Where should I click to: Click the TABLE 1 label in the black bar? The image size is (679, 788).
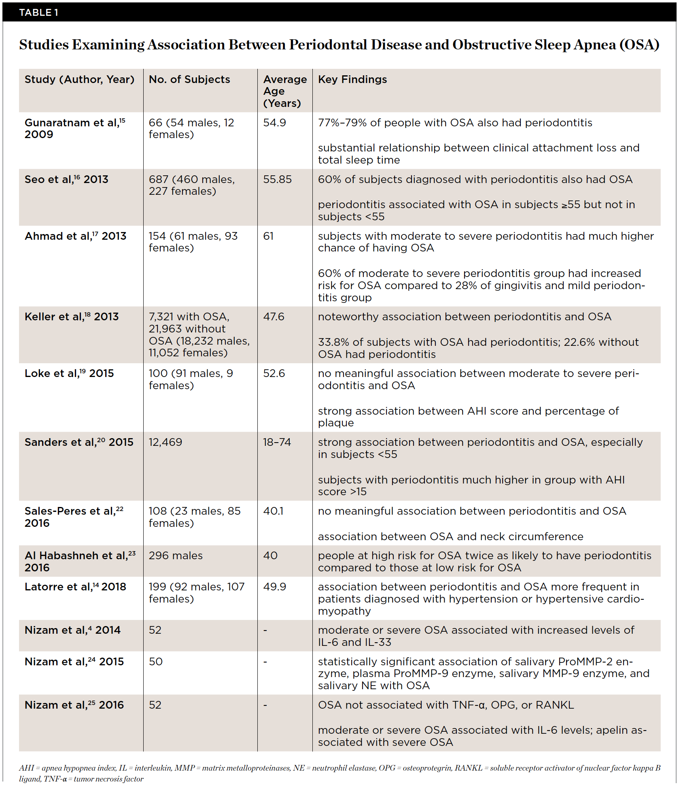tap(39, 13)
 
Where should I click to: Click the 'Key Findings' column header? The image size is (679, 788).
tap(352, 79)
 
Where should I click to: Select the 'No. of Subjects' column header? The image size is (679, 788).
tap(189, 79)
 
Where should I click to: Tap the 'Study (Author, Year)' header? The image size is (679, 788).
tap(79, 79)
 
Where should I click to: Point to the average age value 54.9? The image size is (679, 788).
tap(274, 123)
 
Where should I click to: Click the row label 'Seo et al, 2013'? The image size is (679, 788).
tap(66, 179)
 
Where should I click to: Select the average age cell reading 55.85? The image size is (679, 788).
tap(277, 179)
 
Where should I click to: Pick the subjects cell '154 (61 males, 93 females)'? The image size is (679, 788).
tap(193, 242)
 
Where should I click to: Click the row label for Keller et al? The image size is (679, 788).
tap(72, 317)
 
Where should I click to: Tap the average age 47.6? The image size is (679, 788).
tap(274, 317)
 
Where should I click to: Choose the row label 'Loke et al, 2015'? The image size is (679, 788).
tap(69, 373)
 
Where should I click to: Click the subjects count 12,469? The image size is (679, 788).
tap(165, 442)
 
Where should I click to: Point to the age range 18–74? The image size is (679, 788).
tap(277, 442)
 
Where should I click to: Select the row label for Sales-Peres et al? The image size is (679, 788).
tap(74, 517)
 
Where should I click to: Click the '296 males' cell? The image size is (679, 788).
tap(176, 556)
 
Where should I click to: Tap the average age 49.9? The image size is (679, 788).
tap(274, 587)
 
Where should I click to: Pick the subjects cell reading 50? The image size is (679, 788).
tap(155, 662)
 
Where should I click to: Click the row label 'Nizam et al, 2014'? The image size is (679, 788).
tap(72, 630)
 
